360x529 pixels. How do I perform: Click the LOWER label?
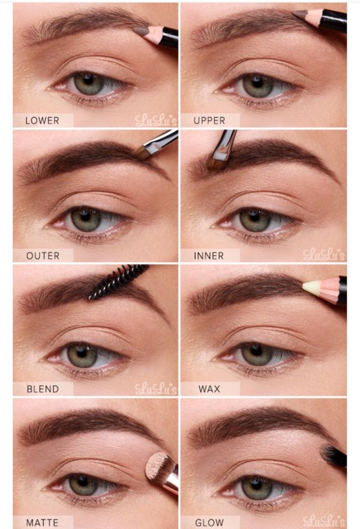[42, 121]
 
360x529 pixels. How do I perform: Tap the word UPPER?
[209, 121]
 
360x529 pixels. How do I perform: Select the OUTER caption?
[43, 256]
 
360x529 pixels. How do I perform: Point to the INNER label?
[209, 256]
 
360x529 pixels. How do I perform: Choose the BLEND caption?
[43, 389]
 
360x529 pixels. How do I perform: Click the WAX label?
[209, 389]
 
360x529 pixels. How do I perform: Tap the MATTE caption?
[42, 523]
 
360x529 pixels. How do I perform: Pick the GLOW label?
[209, 523]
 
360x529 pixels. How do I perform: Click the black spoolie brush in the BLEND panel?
[118, 281]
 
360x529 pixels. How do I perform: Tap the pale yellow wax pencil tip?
[311, 287]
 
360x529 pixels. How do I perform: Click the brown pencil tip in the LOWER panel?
[140, 31]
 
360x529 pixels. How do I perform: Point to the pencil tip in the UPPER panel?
[300, 14]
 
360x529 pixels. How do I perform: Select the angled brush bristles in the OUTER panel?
[143, 154]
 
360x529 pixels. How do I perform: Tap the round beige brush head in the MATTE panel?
[158, 467]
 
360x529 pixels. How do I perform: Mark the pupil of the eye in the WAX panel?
[256, 350]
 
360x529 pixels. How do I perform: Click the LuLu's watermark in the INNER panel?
[324, 255]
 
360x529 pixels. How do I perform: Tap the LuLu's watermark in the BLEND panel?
[156, 388]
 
